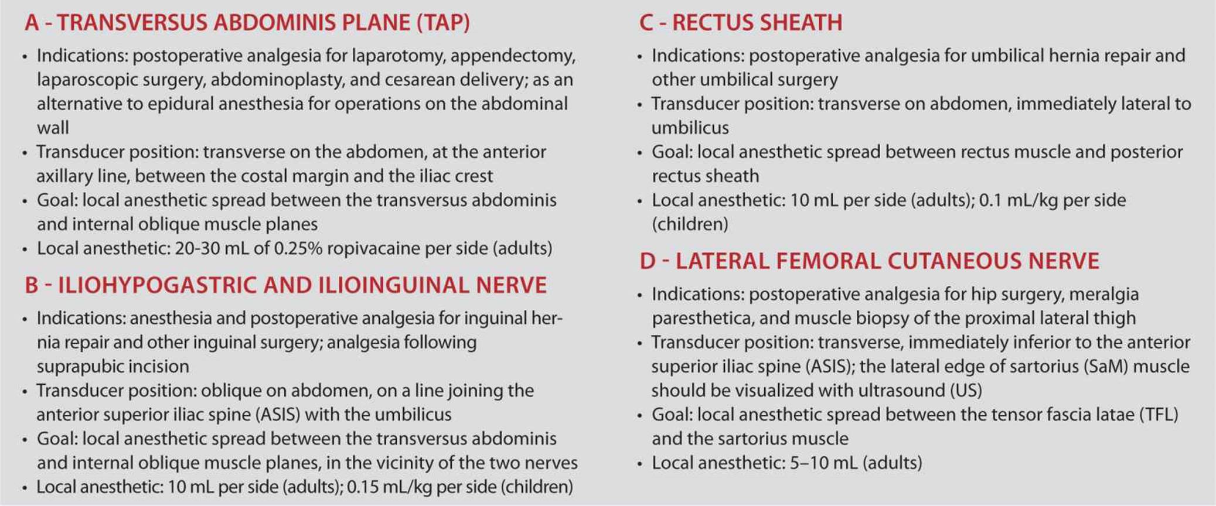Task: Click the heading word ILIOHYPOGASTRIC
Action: [x=155, y=285]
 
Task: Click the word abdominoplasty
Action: [x=267, y=80]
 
